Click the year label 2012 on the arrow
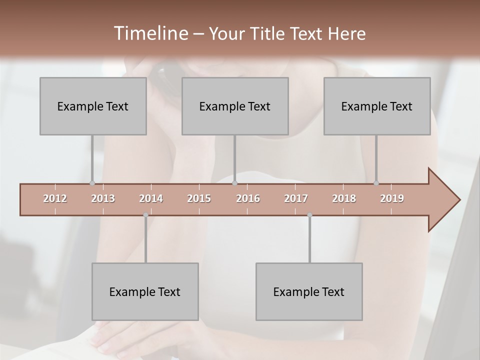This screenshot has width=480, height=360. (55, 198)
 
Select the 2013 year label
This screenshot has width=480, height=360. (103, 198)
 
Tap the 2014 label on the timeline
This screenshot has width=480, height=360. (151, 198)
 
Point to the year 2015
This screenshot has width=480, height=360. (199, 198)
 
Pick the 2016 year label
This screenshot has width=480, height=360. (248, 198)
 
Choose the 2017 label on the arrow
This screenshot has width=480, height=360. (296, 198)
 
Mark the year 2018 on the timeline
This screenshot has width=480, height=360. (344, 198)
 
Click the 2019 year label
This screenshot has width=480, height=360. (392, 198)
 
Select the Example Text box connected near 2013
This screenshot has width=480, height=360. (93, 106)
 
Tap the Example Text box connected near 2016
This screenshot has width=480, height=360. (235, 106)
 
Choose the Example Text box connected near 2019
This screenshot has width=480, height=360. (377, 106)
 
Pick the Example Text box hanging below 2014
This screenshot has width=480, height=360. (145, 291)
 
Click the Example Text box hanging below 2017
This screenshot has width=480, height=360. (309, 291)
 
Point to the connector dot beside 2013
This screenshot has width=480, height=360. (92, 183)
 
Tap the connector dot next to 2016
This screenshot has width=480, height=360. (234, 183)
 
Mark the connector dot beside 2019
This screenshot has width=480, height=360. (376, 183)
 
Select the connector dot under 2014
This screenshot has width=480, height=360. (145, 215)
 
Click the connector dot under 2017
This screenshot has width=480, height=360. (309, 215)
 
